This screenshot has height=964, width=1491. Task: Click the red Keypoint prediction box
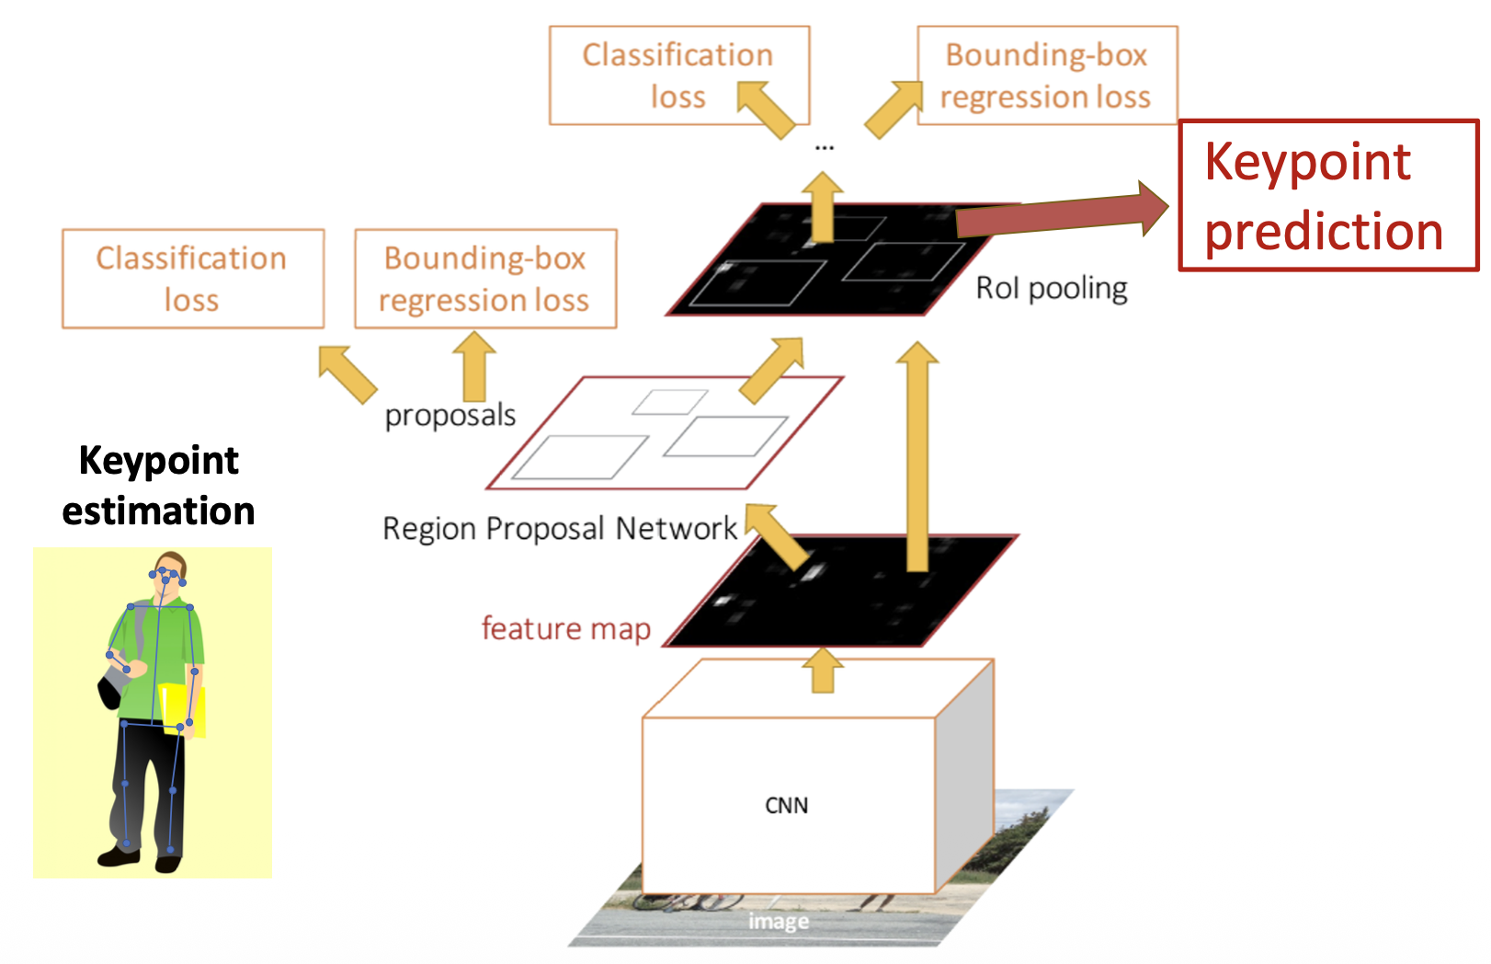1327,195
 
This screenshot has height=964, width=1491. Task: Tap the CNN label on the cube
786,806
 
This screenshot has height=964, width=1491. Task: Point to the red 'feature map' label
565,629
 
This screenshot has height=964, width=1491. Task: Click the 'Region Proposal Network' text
559,529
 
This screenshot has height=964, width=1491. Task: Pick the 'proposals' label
450,416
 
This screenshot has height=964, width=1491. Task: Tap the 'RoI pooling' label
1051,289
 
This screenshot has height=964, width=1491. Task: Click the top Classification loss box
678,75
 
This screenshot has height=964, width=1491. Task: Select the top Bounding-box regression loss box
1046,75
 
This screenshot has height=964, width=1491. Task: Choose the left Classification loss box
192,279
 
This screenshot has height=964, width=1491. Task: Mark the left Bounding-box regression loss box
484,279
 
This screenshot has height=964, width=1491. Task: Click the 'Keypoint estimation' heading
158,486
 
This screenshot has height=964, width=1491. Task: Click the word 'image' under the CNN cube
778,921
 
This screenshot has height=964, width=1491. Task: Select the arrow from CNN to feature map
823,671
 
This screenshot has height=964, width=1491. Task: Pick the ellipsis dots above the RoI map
824,147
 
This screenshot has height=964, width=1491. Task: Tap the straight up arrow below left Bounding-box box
474,365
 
